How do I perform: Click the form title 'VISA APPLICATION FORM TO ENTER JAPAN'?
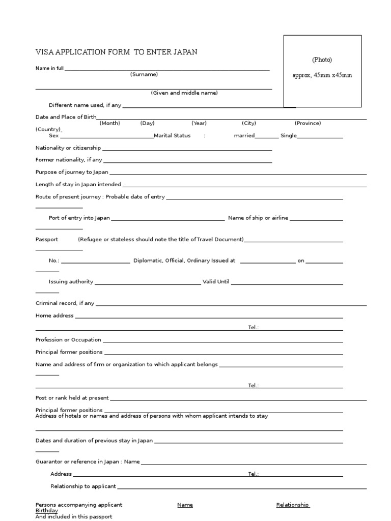[x=117, y=52]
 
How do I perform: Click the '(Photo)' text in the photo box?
[x=322, y=60]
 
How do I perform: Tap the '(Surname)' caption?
[x=144, y=74]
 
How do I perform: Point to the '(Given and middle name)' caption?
[x=184, y=93]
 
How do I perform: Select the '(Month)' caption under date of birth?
[x=109, y=123]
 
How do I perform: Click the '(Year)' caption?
[x=199, y=123]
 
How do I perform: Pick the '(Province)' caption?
[x=308, y=123]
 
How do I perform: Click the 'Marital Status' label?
[x=172, y=136]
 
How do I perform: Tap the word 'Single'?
[x=288, y=136]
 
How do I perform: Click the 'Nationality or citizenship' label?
[x=68, y=148]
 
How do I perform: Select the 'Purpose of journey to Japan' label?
[x=72, y=172]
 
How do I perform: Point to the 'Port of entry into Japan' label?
[x=79, y=218]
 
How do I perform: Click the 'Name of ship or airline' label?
[x=258, y=218]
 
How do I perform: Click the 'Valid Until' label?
[x=216, y=281]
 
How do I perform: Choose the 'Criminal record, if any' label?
[x=65, y=303]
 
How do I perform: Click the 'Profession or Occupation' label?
[x=68, y=340]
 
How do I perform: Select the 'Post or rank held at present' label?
[x=72, y=398]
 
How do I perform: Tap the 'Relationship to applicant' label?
[x=83, y=486]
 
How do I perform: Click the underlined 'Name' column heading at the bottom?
[x=185, y=505]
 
